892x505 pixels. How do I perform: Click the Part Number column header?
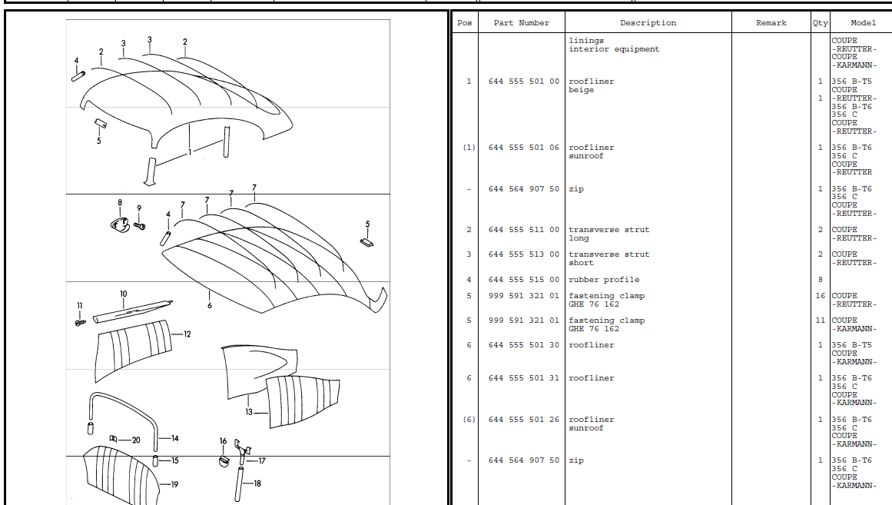[x=521, y=23]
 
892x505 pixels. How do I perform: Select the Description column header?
[x=648, y=23]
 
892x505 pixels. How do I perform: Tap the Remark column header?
[x=771, y=23]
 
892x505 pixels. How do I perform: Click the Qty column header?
[x=821, y=23]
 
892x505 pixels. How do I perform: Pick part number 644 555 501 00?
[x=523, y=81]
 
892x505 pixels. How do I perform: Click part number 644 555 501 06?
[x=523, y=148]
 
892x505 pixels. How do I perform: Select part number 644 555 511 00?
[x=523, y=230]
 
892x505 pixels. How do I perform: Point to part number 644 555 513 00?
[x=523, y=254]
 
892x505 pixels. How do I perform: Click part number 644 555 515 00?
[x=523, y=280]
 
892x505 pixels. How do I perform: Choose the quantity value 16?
[x=820, y=296]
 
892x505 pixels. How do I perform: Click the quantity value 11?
[x=820, y=321]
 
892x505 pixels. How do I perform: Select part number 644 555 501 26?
[x=523, y=420]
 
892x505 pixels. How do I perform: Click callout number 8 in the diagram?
[x=119, y=203]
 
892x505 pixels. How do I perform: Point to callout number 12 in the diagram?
[x=187, y=334]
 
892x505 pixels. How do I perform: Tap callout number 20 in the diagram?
[x=136, y=440]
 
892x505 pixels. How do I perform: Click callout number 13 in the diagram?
[x=249, y=412]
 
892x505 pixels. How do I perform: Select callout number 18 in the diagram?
[x=257, y=483]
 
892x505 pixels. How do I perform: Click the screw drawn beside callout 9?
[x=139, y=226]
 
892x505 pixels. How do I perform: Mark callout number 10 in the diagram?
[x=124, y=294]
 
